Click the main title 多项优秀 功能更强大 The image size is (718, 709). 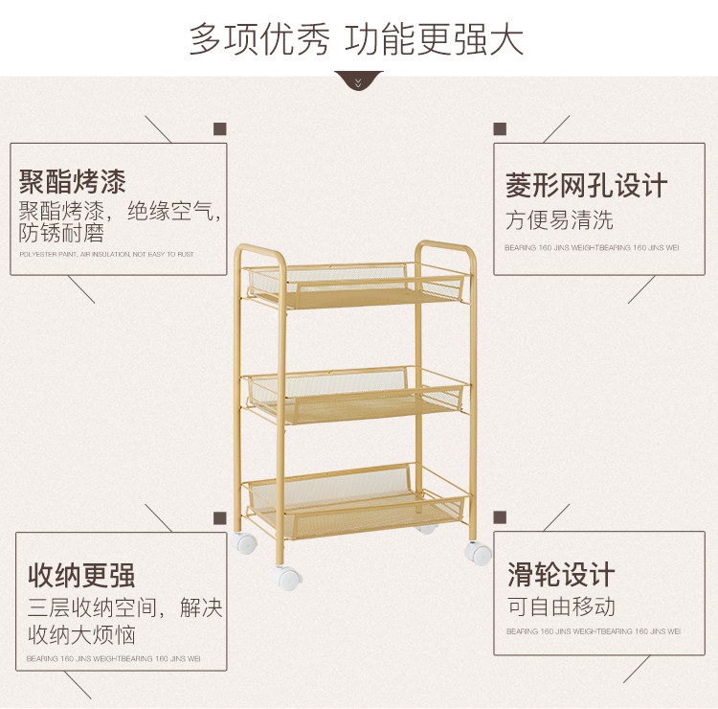point(357,39)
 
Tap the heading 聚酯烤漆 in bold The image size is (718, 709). point(73,181)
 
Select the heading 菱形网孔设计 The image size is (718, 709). point(586,185)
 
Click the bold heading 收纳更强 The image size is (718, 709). point(81,575)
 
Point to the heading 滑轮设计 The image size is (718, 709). point(561,575)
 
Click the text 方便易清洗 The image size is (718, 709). point(559,220)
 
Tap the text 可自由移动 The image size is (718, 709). point(561,606)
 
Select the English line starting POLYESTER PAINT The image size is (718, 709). point(106,254)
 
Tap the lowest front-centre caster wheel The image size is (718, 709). point(287,578)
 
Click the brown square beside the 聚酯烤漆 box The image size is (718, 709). point(219,128)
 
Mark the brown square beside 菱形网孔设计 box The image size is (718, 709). point(499,128)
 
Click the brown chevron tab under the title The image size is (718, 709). point(359,81)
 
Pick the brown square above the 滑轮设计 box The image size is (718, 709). point(499,518)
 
